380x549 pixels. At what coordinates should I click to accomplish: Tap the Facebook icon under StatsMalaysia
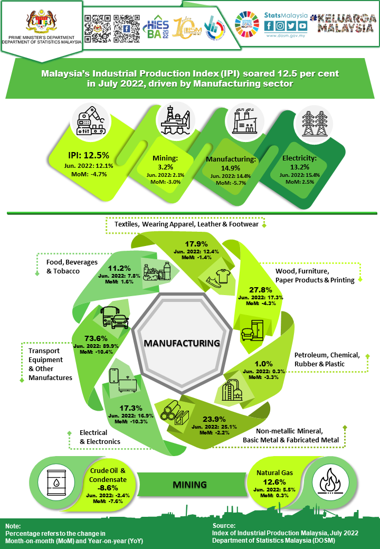(268, 26)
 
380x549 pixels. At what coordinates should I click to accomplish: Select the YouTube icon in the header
(302, 26)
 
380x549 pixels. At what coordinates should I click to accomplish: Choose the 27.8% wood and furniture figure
(261, 290)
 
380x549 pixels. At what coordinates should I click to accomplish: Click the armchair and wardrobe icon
(253, 329)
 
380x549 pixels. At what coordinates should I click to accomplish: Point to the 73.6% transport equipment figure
(96, 338)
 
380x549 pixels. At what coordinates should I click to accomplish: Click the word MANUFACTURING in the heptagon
(182, 343)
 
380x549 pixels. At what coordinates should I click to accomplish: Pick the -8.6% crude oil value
(107, 487)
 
